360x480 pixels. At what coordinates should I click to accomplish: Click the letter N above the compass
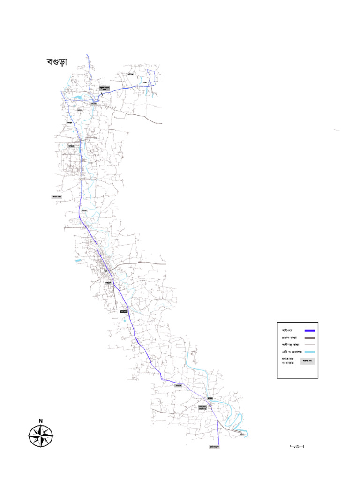(41, 420)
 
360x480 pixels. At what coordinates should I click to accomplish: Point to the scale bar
(297, 446)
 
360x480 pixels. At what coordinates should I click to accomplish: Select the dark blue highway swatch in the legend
(309, 330)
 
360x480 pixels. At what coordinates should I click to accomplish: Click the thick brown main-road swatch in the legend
(309, 337)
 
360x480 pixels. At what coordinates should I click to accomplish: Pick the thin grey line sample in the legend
(309, 345)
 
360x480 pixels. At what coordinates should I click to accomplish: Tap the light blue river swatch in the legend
(309, 352)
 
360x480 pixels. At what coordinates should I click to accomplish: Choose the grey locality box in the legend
(307, 361)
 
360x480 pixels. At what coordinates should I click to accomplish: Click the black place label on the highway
(124, 311)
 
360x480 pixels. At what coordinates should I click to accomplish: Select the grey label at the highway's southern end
(214, 447)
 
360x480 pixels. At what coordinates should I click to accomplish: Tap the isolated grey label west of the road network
(57, 197)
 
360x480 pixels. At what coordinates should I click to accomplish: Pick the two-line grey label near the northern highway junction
(104, 88)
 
